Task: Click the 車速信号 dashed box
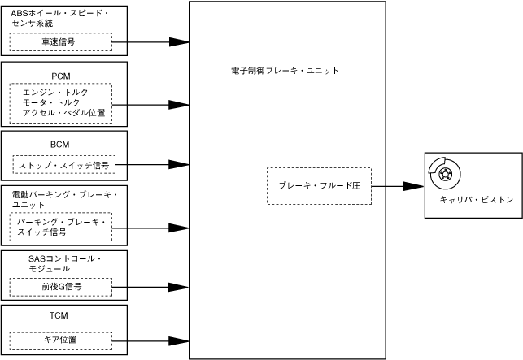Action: click(60, 41)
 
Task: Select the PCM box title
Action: click(61, 76)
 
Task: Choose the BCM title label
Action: click(60, 144)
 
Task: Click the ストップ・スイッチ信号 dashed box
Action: click(64, 165)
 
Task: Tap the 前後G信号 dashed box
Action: click(60, 287)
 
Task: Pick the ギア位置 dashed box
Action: click(60, 340)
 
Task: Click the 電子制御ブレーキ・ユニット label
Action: click(285, 71)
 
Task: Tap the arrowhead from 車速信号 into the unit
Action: click(180, 41)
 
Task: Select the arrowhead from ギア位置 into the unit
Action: click(180, 340)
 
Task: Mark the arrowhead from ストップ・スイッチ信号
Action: click(180, 165)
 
